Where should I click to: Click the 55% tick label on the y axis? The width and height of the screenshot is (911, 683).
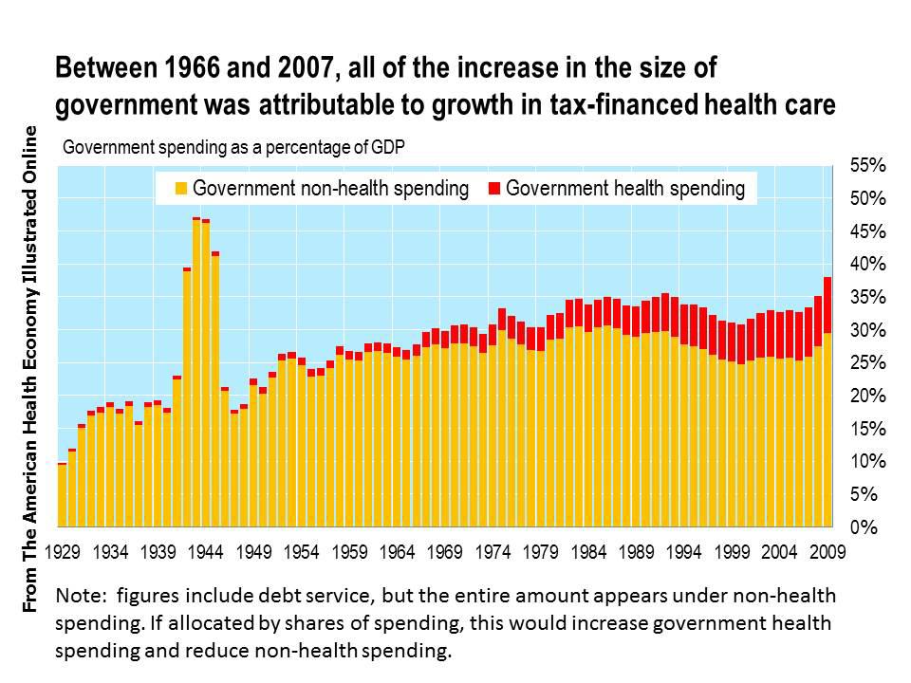tap(868, 166)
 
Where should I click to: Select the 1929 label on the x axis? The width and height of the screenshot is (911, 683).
tap(63, 552)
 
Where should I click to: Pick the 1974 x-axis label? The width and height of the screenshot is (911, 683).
tap(493, 552)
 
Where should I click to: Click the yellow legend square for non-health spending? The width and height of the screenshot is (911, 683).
tap(182, 189)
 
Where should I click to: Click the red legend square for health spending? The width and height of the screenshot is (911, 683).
tap(495, 189)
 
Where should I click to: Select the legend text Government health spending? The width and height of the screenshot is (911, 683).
tap(625, 189)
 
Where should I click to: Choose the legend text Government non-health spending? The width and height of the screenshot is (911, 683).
tap(331, 189)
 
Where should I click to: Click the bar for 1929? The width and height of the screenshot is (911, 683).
tap(63, 494)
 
